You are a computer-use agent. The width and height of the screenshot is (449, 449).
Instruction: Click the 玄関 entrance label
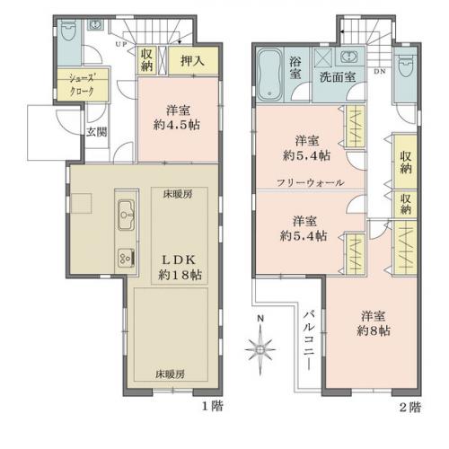[97, 132]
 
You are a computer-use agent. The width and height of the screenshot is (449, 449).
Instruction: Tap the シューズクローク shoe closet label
[82, 84]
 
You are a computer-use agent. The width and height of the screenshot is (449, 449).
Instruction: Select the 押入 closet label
[192, 61]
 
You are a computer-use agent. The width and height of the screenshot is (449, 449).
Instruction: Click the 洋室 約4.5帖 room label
[177, 118]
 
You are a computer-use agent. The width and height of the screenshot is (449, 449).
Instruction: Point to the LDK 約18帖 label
[180, 268]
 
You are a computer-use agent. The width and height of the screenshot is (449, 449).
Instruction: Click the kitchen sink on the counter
[126, 215]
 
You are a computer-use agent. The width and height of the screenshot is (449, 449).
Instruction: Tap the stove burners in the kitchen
[126, 258]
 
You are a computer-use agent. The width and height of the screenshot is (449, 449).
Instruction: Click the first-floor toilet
[69, 31]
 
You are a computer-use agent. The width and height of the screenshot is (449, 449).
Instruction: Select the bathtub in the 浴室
[269, 75]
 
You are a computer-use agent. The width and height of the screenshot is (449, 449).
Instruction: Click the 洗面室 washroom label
[338, 77]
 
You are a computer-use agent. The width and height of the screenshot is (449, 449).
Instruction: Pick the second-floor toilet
[406, 66]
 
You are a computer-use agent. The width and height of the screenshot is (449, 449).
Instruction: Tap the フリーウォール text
[311, 182]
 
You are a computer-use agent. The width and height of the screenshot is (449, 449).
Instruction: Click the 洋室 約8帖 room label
[374, 323]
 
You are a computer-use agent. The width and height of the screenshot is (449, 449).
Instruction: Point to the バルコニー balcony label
[309, 340]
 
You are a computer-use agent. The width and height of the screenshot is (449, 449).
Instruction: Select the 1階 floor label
[212, 406]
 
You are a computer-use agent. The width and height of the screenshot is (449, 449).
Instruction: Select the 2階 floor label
[410, 407]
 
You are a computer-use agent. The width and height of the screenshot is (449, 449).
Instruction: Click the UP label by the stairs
[121, 44]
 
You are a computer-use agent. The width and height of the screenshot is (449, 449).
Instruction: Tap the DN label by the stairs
[380, 72]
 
